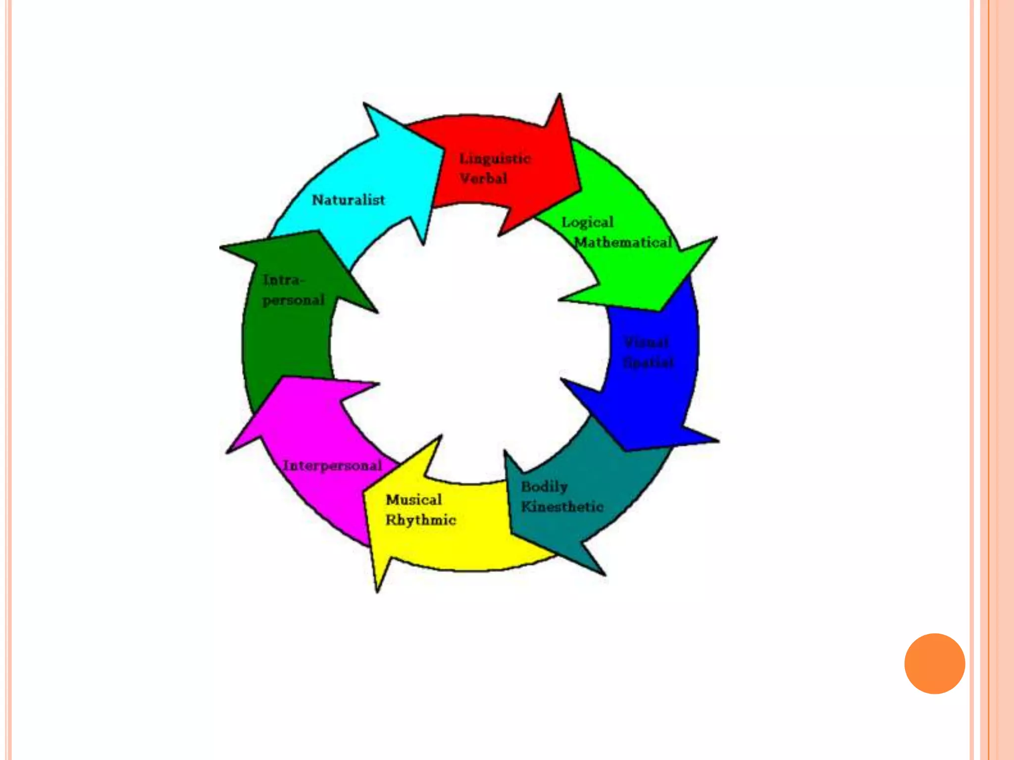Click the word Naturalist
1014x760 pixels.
coord(348,200)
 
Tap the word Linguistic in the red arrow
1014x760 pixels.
coord(495,159)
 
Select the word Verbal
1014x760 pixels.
coord(483,178)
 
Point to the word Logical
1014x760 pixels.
coord(587,223)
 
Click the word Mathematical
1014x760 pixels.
coord(623,242)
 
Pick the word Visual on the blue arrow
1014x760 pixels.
coord(646,342)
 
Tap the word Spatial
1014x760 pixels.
coord(648,363)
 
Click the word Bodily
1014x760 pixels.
coord(544,487)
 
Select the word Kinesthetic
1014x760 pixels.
coord(562,507)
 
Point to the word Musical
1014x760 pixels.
coord(414,500)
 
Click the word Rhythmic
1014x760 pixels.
coord(421,520)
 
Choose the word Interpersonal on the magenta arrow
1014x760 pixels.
coord(332,466)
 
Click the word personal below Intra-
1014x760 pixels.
coord(294,300)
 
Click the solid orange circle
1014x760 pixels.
coord(934,664)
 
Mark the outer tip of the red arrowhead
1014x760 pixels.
coord(560,94)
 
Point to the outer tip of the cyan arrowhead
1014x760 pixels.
coord(364,103)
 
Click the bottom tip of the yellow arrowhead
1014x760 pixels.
coord(378,592)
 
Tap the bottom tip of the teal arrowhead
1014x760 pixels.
coord(605,575)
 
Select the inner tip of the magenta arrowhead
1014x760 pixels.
coord(379,383)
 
